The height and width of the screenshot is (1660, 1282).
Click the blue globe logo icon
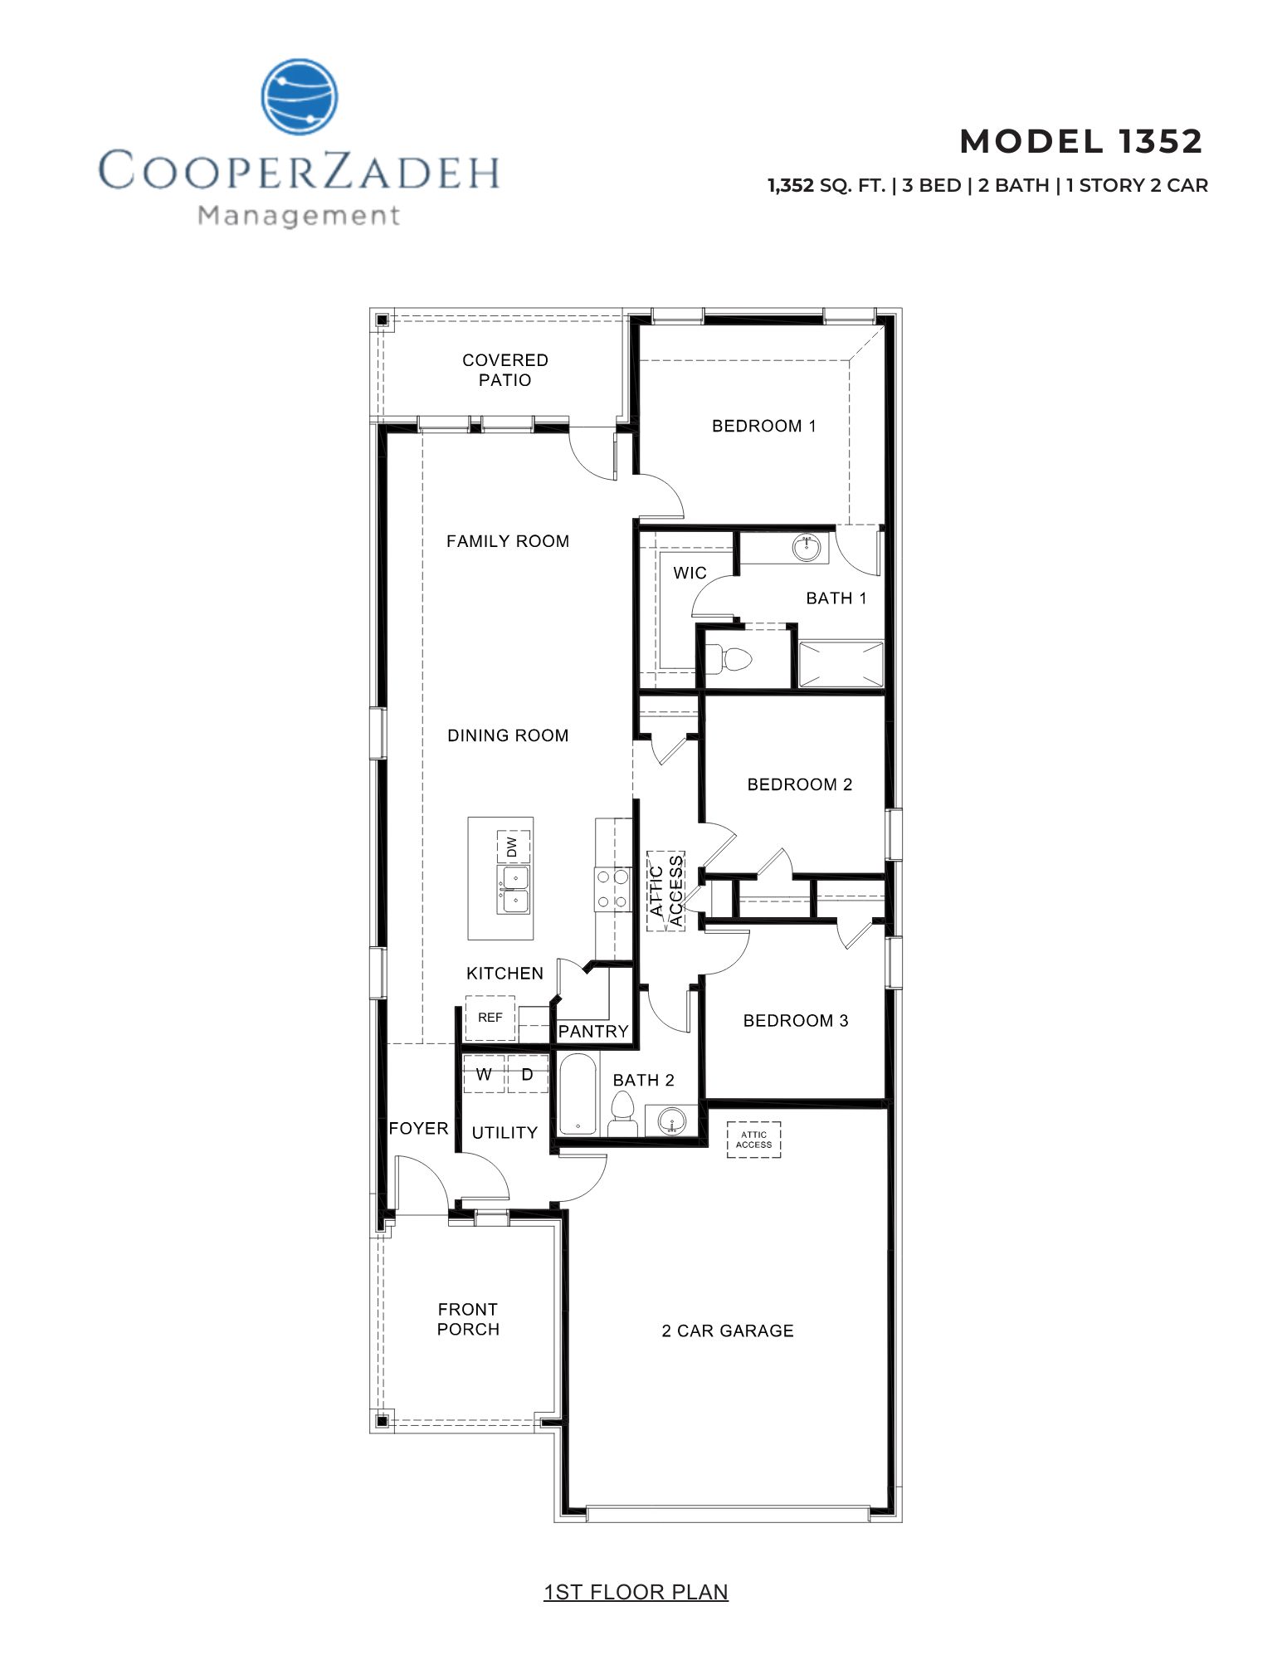[300, 96]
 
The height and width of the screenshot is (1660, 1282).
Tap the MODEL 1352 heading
[1080, 142]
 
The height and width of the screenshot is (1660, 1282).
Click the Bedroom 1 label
[763, 426]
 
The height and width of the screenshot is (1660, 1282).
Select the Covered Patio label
[505, 370]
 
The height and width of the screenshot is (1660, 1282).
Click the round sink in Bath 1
[806, 548]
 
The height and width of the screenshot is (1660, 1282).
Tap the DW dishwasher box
[513, 847]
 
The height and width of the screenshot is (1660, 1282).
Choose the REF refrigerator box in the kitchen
[490, 1018]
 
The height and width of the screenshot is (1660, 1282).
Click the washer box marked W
[484, 1074]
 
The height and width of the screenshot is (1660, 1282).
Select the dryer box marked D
[527, 1074]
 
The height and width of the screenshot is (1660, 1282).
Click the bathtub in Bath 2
[578, 1094]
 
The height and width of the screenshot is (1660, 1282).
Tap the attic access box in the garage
[753, 1140]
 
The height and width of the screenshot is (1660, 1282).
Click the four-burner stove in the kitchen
[612, 889]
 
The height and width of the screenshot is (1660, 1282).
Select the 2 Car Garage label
[728, 1330]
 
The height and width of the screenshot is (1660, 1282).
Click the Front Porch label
[468, 1319]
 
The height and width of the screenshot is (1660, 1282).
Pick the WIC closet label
[690, 573]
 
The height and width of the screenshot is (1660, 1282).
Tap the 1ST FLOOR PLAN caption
[636, 1592]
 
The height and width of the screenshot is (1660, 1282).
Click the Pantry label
[593, 1031]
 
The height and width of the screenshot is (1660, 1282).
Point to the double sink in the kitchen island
[514, 890]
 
